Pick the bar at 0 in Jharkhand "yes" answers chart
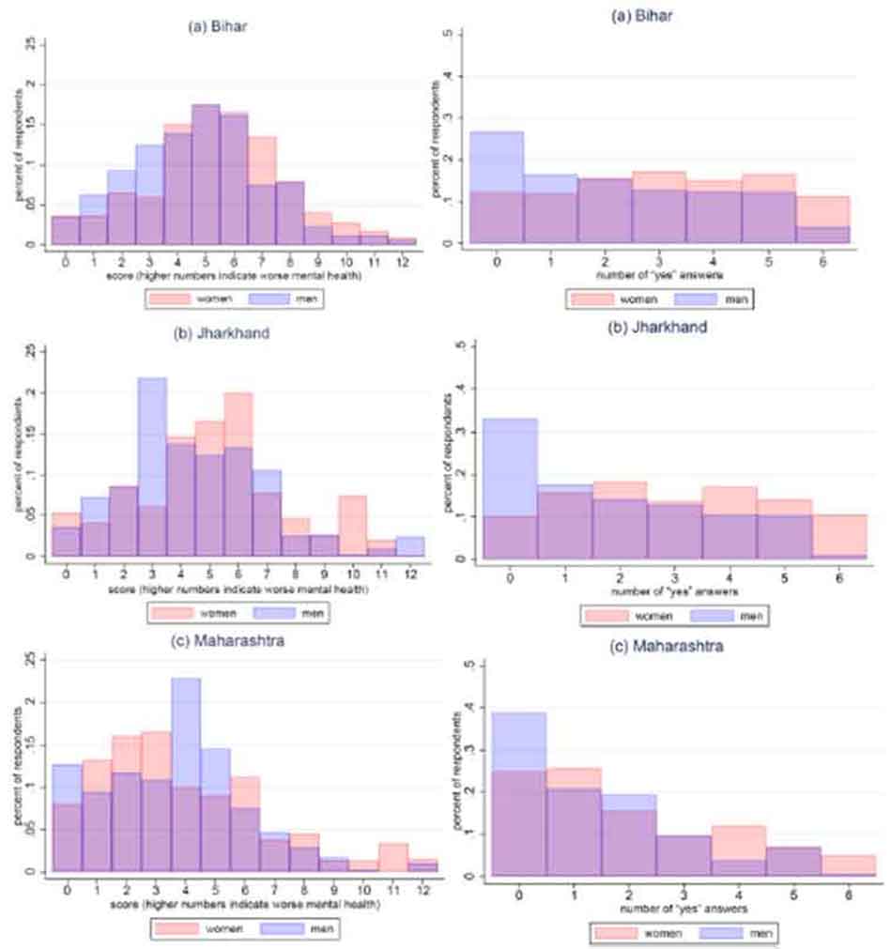[510, 488]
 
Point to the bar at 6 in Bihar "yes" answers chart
[823, 221]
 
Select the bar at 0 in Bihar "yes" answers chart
[496, 188]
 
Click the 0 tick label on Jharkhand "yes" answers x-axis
[510, 576]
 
